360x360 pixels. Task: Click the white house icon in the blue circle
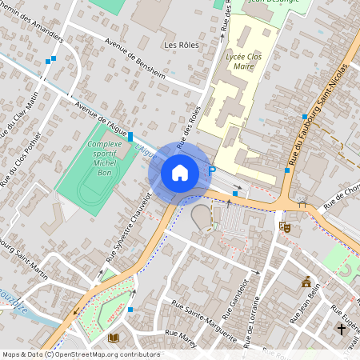click(180, 172)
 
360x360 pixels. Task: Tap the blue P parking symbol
click(212, 170)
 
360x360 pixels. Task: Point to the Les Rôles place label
click(180, 45)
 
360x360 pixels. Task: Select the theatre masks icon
click(284, 227)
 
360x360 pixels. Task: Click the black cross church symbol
click(342, 329)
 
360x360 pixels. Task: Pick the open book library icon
click(113, 338)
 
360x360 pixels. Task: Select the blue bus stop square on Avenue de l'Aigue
click(130, 138)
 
